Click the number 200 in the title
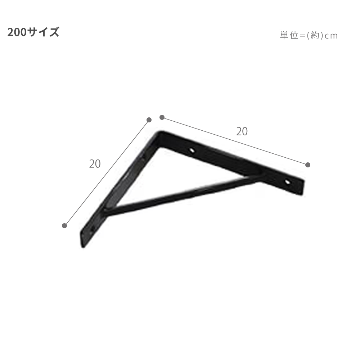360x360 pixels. click(x=17, y=32)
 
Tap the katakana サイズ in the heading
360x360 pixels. click(x=43, y=32)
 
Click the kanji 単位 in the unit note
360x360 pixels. click(x=289, y=36)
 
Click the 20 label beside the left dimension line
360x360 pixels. click(x=95, y=164)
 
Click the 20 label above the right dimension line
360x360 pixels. click(x=242, y=131)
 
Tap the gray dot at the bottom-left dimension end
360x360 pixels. click(x=64, y=226)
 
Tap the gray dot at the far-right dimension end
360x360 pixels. click(x=308, y=165)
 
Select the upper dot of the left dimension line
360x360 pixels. click(x=149, y=120)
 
